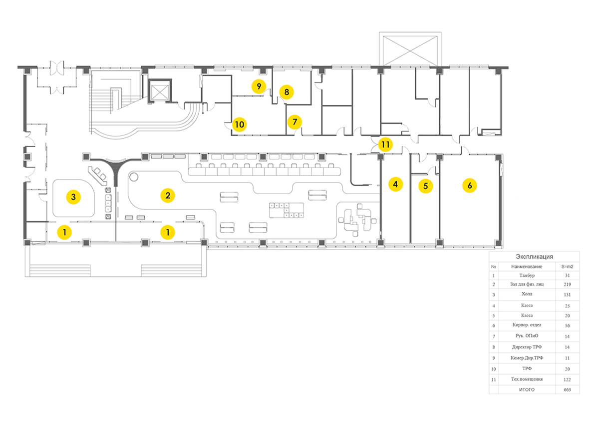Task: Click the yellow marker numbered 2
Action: click(x=168, y=195)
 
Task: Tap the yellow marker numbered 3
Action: click(x=73, y=197)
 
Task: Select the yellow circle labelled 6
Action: click(x=470, y=185)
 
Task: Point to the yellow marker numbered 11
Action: click(x=385, y=144)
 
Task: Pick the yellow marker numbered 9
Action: click(x=259, y=86)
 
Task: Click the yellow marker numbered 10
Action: click(x=239, y=124)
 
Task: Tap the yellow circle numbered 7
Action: click(x=295, y=122)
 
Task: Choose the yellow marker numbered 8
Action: click(x=287, y=92)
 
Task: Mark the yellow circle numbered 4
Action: click(x=395, y=184)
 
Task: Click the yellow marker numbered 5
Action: click(x=425, y=186)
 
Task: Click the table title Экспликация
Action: click(x=534, y=256)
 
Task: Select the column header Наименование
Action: click(x=527, y=266)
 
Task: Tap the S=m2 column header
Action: click(x=567, y=266)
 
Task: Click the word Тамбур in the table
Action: click(x=527, y=275)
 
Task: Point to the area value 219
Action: click(x=567, y=284)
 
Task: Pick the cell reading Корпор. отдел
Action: click(x=527, y=325)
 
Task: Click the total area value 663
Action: click(x=567, y=389)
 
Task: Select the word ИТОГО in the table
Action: click(x=527, y=389)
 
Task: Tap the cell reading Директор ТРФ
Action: click(x=527, y=347)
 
